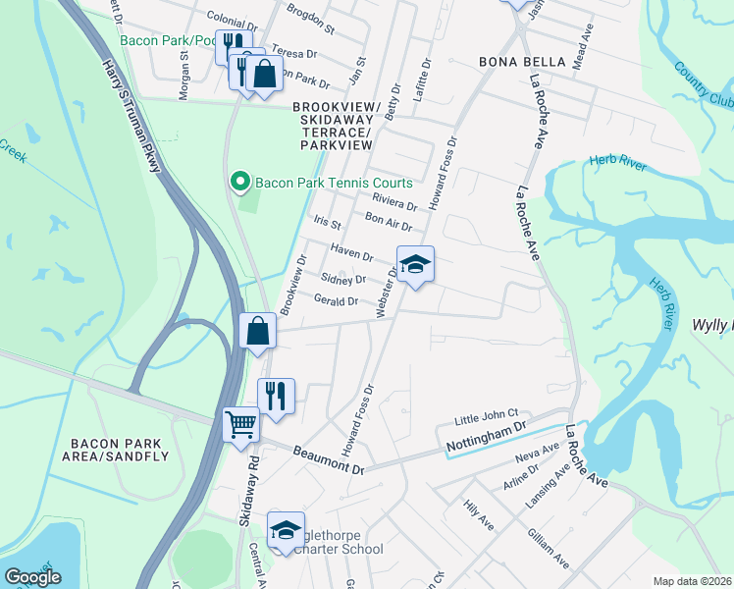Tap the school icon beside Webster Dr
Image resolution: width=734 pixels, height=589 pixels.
[x=416, y=265]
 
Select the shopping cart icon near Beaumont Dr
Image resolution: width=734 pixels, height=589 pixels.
[x=240, y=425]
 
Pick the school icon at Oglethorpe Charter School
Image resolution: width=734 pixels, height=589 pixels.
[x=286, y=531]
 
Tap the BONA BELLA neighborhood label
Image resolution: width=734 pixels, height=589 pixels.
[x=522, y=62]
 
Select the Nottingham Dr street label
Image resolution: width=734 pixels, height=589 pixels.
[x=487, y=440]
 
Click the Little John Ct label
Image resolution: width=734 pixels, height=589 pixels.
[x=492, y=417]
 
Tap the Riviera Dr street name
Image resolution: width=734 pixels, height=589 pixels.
[x=394, y=201]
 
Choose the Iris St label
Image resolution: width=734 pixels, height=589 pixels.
[x=326, y=225]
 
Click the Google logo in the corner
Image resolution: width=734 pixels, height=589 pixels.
[x=32, y=577]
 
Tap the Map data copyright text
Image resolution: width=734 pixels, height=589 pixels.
[x=693, y=581]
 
